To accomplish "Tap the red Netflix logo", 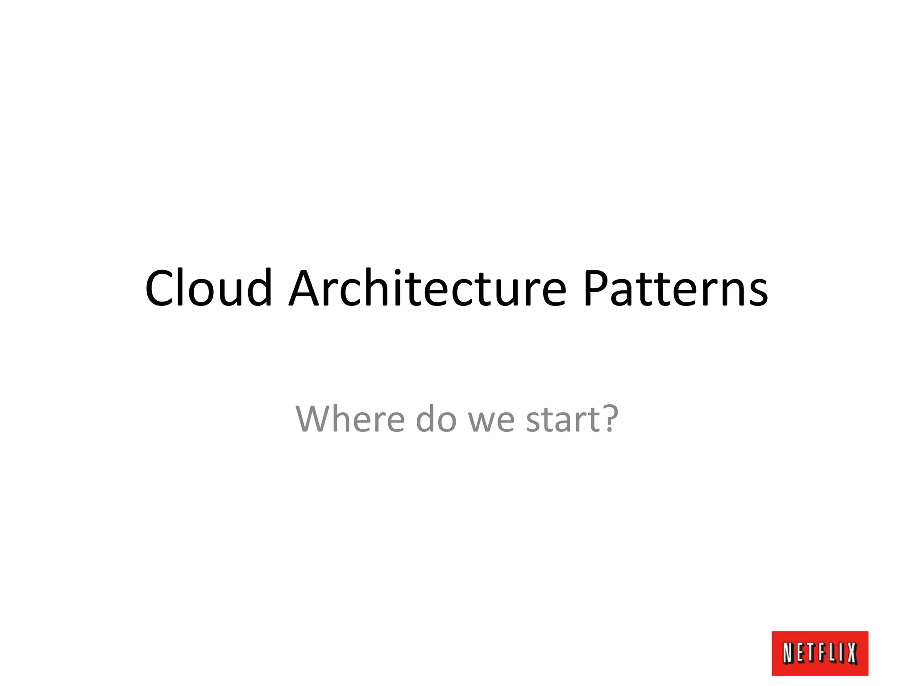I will (x=820, y=653).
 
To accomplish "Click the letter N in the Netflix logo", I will (x=789, y=653).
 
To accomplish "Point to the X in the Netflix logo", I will (x=852, y=653).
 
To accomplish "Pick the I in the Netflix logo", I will (x=841, y=653).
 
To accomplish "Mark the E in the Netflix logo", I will (x=800, y=653).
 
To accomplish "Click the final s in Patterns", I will (x=758, y=293).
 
